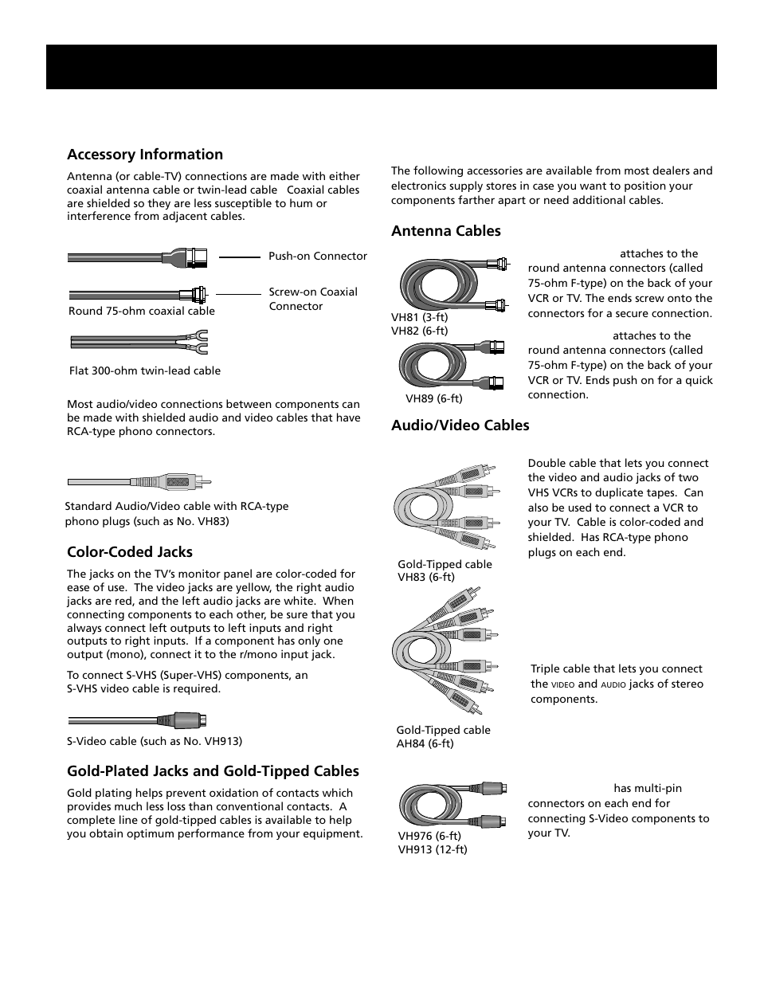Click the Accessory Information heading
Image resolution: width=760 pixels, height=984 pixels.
pyautogui.click(x=145, y=155)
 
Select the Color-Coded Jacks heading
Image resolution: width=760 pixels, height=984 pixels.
pyautogui.click(x=130, y=552)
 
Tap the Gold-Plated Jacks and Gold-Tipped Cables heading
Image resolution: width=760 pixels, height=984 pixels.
pyautogui.click(x=213, y=771)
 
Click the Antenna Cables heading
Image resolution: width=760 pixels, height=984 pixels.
pyautogui.click(x=446, y=231)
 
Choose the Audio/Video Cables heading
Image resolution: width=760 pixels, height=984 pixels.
pyautogui.click(x=460, y=425)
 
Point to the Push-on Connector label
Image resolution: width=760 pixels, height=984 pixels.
pyautogui.click(x=318, y=257)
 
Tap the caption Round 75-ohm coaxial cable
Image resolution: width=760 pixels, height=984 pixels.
pyautogui.click(x=142, y=312)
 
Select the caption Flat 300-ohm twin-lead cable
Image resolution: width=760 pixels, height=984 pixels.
pyautogui.click(x=144, y=370)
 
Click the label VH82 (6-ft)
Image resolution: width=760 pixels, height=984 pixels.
pyautogui.click(x=419, y=331)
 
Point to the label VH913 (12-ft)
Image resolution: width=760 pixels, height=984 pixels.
pyautogui.click(x=433, y=850)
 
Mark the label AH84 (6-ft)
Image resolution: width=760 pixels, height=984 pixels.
pyautogui.click(x=425, y=744)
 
